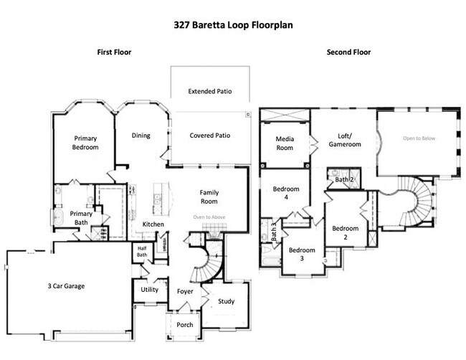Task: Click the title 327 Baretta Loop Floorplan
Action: tap(233, 23)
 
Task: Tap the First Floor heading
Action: tap(115, 52)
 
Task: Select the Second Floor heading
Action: tap(348, 52)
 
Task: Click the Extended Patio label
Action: tap(209, 92)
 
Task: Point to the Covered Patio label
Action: tap(209, 135)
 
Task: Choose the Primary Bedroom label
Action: tap(85, 142)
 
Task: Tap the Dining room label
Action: tap(141, 135)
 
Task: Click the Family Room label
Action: tap(209, 197)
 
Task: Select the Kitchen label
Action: tap(153, 224)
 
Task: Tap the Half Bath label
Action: tap(142, 252)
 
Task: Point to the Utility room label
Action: tap(149, 290)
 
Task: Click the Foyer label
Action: tap(184, 291)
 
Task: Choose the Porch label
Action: tap(184, 324)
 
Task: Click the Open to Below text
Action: tap(419, 138)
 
